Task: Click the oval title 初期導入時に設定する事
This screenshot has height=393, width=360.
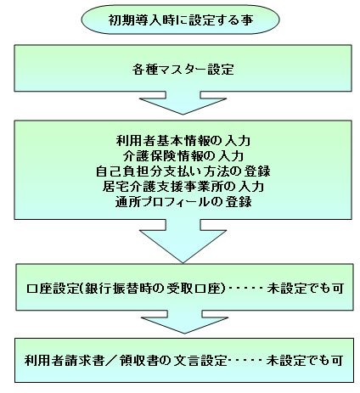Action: click(x=181, y=20)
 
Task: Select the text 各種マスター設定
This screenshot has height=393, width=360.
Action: click(x=183, y=70)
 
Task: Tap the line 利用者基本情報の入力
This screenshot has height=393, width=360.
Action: click(x=183, y=141)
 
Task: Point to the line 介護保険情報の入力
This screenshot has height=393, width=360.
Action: click(x=183, y=156)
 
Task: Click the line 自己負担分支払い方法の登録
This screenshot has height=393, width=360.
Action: click(x=183, y=171)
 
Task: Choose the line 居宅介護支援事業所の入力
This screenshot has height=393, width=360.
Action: click(x=183, y=187)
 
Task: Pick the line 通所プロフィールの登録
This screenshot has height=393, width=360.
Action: click(x=183, y=202)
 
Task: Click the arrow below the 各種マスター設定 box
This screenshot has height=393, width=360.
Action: click(x=183, y=103)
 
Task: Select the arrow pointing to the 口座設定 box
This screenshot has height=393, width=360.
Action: click(x=183, y=241)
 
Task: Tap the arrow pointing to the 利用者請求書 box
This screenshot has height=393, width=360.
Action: click(x=184, y=322)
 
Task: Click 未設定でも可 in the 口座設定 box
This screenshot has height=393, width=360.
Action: click(x=305, y=289)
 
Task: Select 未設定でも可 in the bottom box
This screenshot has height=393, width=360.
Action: click(x=305, y=361)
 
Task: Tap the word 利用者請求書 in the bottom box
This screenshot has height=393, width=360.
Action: click(x=65, y=361)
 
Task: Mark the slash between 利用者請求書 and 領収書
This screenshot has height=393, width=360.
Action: click(x=111, y=361)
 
